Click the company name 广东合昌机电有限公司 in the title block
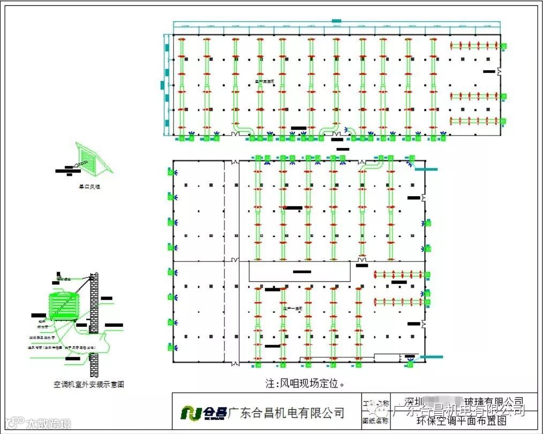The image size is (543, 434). [286, 412]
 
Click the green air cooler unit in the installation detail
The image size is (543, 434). [63, 306]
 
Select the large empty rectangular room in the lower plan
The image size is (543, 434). [300, 272]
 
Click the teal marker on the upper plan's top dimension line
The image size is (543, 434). [336, 21]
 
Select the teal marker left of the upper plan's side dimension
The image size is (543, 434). [162, 85]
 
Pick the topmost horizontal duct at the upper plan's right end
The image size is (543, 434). [476, 46]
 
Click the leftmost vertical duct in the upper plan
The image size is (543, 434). [181, 86]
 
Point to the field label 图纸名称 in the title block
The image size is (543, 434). [375, 421]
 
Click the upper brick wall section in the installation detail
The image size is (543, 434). [94, 303]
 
